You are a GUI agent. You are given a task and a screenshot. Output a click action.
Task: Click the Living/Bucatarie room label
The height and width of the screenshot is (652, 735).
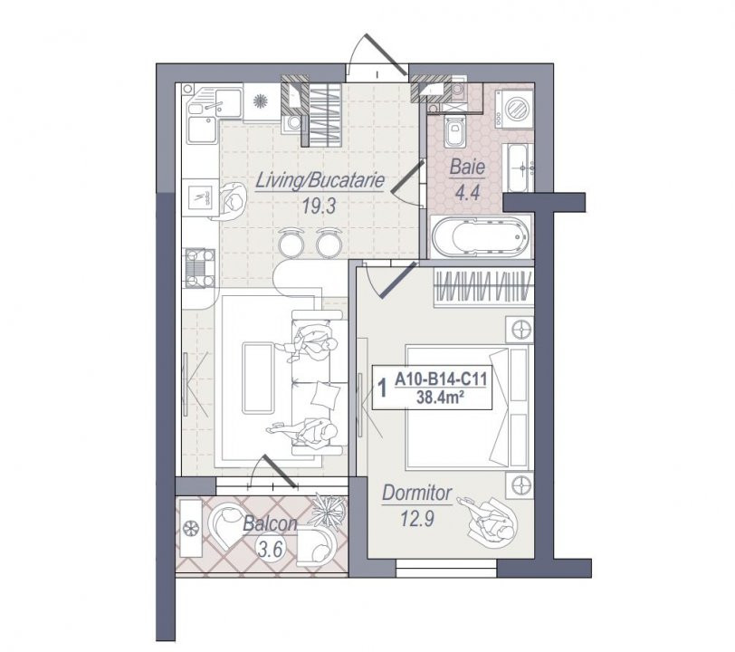(320, 181)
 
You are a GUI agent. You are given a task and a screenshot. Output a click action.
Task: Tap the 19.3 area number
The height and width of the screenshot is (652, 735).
(320, 206)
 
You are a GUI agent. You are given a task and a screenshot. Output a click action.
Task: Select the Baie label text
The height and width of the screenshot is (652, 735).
(467, 168)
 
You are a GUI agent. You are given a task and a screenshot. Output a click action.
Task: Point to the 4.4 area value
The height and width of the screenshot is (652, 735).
(468, 192)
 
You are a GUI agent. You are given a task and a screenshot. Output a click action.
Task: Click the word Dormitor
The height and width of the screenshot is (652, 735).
(416, 494)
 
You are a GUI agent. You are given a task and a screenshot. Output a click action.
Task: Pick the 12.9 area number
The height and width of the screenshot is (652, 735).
(417, 519)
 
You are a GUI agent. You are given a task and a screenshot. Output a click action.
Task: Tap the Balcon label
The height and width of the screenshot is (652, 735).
(270, 524)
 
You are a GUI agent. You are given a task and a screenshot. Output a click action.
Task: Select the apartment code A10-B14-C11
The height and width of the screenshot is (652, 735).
(441, 379)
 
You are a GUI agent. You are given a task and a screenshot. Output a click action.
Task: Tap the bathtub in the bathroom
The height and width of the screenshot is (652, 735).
(481, 236)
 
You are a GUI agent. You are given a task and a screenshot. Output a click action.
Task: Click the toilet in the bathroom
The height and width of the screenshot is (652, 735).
(453, 131)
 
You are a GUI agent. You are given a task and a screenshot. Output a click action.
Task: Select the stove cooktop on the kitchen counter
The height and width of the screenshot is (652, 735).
(200, 268)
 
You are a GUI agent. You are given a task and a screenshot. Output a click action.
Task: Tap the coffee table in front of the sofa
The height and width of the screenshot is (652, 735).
(258, 378)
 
